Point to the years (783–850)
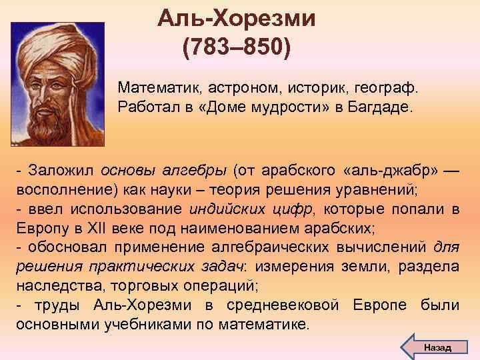(237, 48)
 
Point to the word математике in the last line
(270, 324)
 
